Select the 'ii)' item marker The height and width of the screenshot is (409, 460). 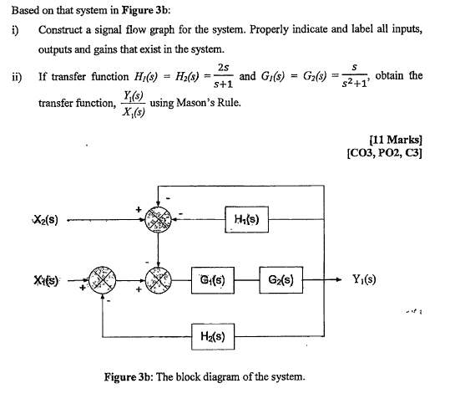(x=16, y=76)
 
